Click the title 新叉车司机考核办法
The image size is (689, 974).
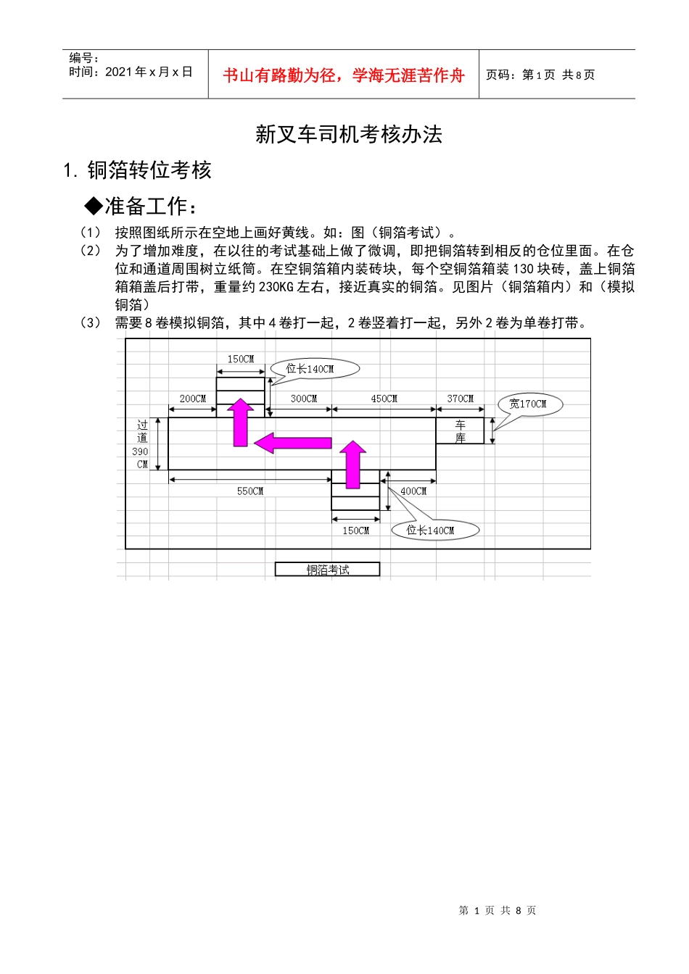(x=348, y=134)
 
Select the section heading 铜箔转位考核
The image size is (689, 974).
(x=149, y=170)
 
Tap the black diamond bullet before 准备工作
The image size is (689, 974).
(x=94, y=207)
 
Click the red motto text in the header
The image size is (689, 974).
(x=343, y=75)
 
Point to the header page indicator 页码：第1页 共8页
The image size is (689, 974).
(x=540, y=75)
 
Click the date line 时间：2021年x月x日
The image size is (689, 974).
(x=131, y=72)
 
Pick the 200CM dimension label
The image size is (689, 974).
(x=192, y=399)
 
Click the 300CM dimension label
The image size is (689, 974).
(x=304, y=399)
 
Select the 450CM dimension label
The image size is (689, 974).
(x=384, y=399)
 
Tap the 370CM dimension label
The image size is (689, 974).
(x=460, y=399)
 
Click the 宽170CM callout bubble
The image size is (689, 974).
(x=529, y=404)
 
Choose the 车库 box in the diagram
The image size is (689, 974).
(x=460, y=431)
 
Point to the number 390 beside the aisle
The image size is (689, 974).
(x=140, y=451)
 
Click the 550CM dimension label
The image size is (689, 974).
(x=250, y=491)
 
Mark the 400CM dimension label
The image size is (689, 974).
(x=413, y=491)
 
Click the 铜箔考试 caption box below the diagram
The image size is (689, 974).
(x=327, y=570)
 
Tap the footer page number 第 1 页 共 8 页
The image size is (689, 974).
(x=498, y=910)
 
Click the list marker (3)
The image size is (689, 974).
(x=91, y=323)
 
